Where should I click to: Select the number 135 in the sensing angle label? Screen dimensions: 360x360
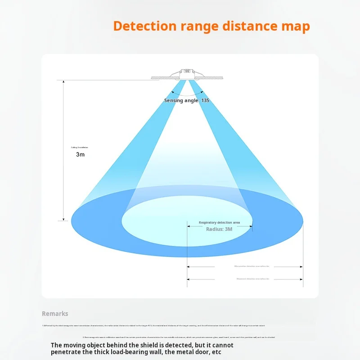(205, 100)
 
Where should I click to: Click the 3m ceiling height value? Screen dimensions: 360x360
(80, 154)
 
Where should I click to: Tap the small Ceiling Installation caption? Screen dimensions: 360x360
(80, 147)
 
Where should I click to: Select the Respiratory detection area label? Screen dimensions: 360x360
(219, 222)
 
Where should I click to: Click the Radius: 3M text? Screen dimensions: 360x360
(219, 229)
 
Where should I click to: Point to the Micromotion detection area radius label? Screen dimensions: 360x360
(252, 266)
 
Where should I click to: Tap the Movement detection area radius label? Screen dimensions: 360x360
(252, 279)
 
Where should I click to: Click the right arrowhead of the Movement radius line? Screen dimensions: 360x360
(301, 279)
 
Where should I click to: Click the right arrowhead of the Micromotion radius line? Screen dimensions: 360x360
(301, 266)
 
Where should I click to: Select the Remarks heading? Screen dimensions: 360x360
(55, 314)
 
